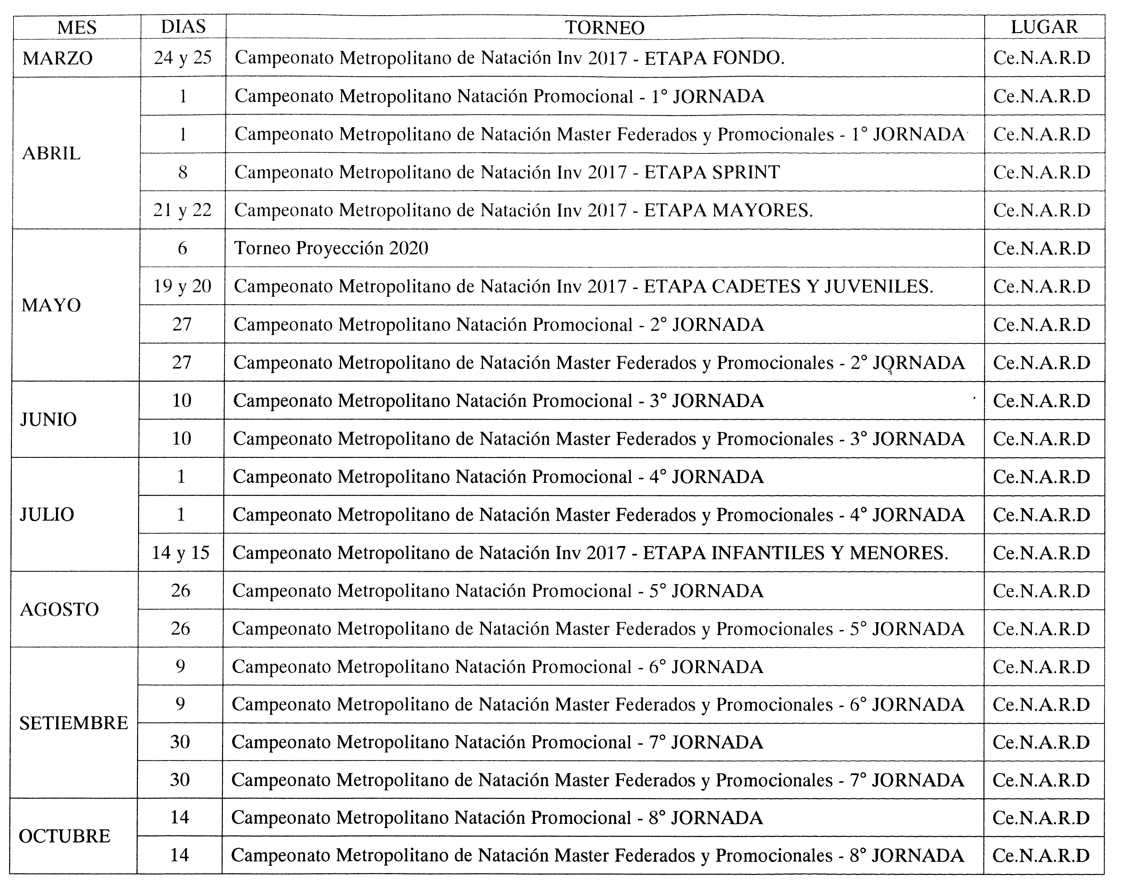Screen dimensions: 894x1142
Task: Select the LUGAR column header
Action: [x=1044, y=27]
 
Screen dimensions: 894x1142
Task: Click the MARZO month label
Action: [x=58, y=58]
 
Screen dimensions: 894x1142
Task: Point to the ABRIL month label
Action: [x=51, y=153]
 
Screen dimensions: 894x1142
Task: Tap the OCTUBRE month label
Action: [x=64, y=836]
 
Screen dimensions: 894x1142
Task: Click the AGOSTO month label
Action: [x=59, y=609]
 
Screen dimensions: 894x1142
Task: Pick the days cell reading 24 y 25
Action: [x=183, y=58]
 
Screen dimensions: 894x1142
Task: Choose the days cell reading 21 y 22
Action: [x=182, y=210]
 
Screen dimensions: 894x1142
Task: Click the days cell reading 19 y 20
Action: [x=182, y=286]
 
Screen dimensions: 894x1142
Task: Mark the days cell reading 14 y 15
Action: [x=180, y=553]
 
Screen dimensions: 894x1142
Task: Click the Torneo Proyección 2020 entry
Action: [x=331, y=248]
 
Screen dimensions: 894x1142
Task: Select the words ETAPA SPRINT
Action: [x=712, y=172]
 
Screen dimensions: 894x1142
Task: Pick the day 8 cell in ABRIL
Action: [x=183, y=172]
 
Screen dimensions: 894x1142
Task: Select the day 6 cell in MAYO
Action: [x=182, y=248]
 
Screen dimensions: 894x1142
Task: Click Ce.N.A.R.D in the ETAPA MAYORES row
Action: [x=1041, y=210]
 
